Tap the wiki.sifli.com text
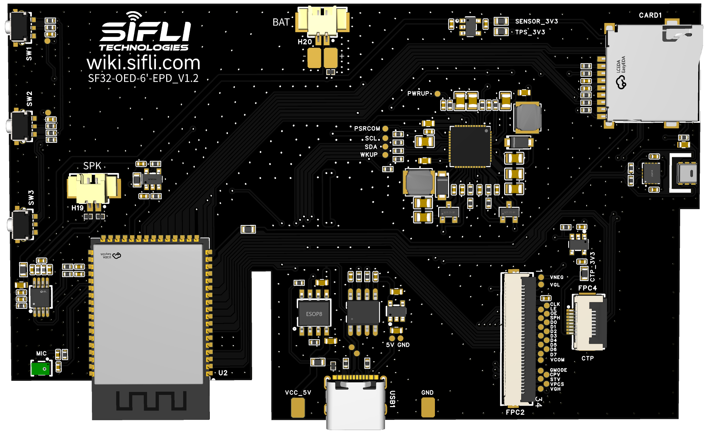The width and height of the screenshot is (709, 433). coord(143,63)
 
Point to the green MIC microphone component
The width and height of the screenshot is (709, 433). coord(41,368)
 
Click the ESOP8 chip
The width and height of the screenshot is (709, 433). coord(314,314)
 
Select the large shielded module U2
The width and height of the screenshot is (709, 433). coord(148,314)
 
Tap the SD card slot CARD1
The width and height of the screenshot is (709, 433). coord(653,74)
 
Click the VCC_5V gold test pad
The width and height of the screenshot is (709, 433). coord(298,407)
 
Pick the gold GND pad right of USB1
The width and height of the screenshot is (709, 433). coord(428,407)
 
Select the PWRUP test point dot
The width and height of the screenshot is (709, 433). coord(437,94)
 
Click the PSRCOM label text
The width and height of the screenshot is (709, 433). coord(367,129)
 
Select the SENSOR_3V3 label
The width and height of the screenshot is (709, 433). coord(536,21)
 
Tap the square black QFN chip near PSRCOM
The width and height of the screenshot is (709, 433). coord(470,146)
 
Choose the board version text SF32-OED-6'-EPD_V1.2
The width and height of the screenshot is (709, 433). coord(143,78)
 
